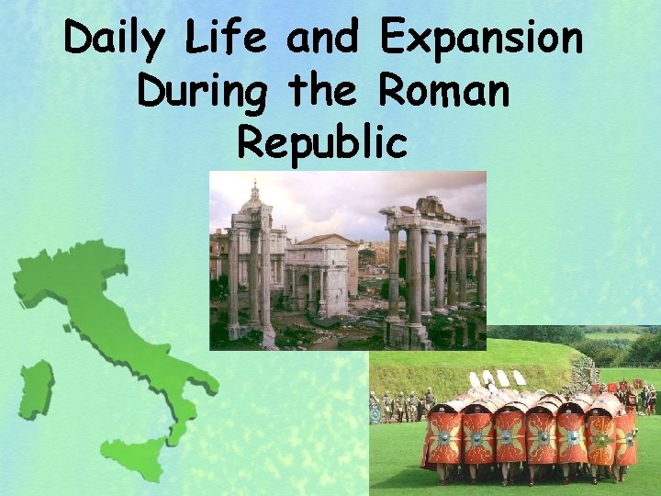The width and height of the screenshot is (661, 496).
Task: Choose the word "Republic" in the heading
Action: pos(322,142)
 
